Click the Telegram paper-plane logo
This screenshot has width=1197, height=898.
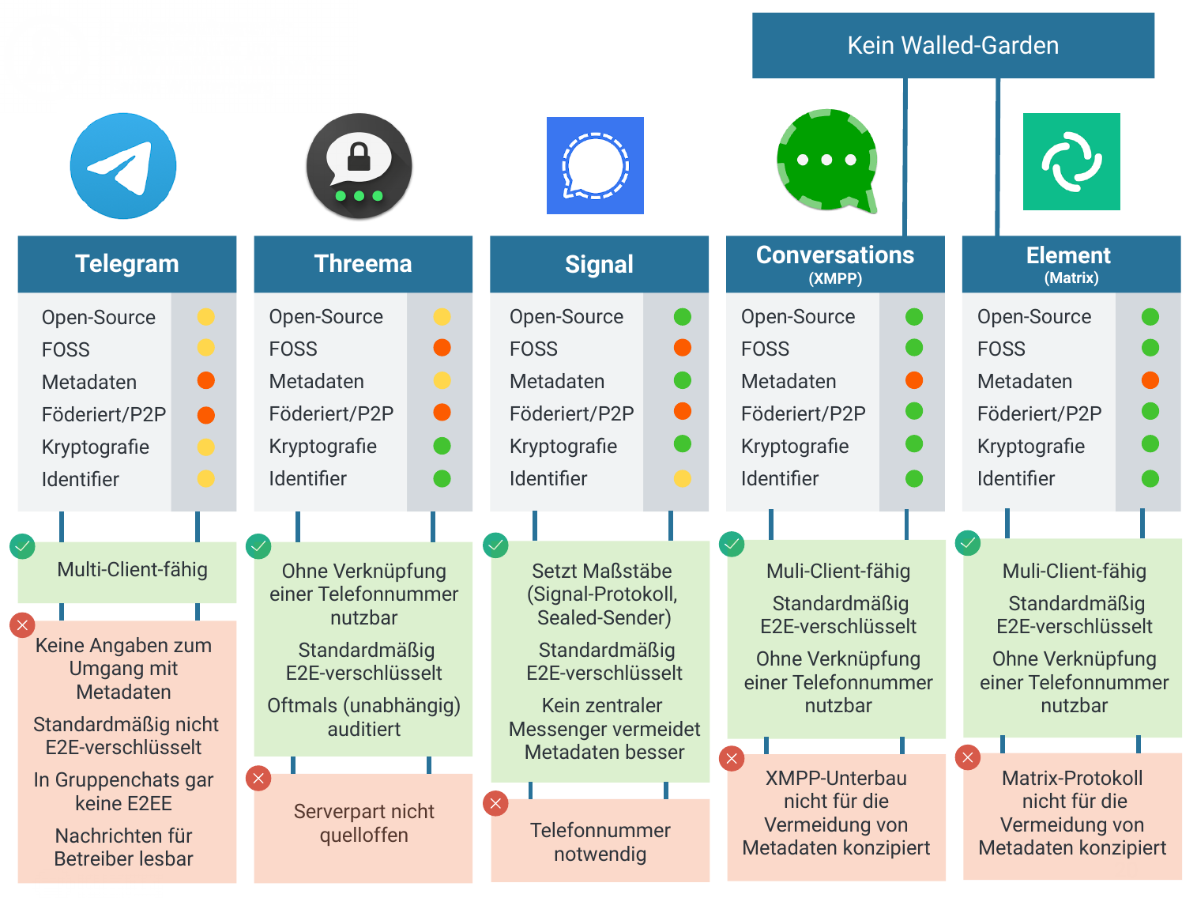[123, 166]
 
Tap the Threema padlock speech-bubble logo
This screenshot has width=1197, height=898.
[359, 166]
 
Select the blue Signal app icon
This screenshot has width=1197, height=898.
[595, 165]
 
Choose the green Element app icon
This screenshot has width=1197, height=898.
[1071, 161]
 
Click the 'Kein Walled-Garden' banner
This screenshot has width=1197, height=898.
[953, 45]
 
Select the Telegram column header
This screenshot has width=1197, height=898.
[127, 263]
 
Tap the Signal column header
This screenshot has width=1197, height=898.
[599, 264]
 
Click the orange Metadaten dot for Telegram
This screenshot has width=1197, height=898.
[206, 380]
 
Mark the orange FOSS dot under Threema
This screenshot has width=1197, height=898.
[442, 348]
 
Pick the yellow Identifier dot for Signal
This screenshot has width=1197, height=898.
[683, 478]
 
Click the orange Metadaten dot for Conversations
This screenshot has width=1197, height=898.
[914, 380]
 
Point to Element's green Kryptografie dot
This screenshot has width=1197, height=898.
[1150, 444]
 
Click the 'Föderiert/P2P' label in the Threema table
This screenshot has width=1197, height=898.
[331, 413]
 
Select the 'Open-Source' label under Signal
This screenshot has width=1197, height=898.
[567, 316]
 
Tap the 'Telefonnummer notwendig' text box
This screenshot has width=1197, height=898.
[600, 842]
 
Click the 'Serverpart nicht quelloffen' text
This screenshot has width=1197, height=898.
[363, 823]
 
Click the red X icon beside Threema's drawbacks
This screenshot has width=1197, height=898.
[258, 779]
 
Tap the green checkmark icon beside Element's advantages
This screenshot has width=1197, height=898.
[968, 543]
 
